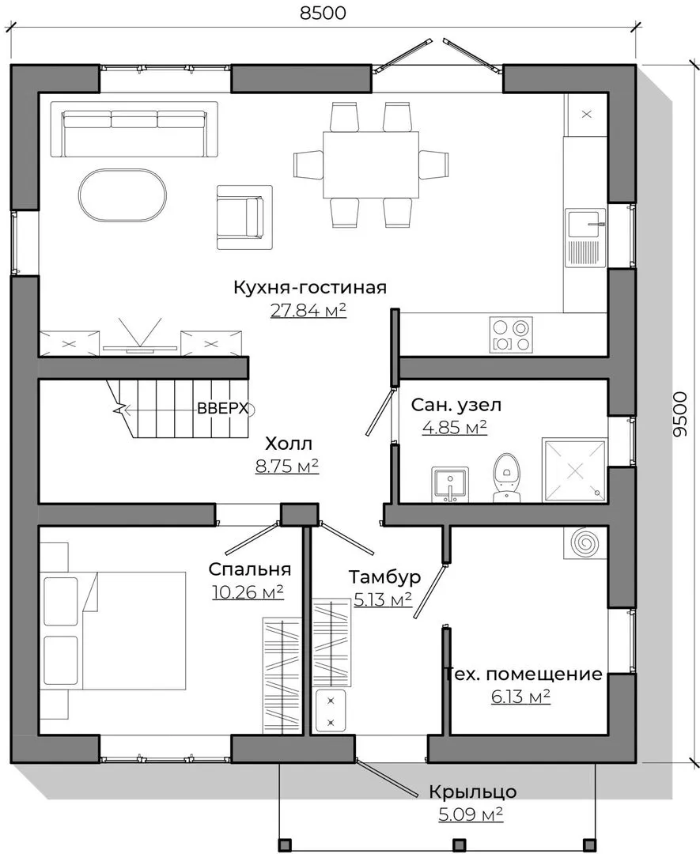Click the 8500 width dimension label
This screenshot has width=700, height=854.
point(323,13)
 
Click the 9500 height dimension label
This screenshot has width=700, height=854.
point(680,414)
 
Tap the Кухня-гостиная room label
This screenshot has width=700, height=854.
point(310,287)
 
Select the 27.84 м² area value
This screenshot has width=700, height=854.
point(308,310)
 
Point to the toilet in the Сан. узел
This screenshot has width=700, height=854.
point(507,477)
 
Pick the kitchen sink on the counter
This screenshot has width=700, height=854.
point(585,238)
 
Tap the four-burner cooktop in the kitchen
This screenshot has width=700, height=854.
point(511,334)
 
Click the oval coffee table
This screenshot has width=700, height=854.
point(123,195)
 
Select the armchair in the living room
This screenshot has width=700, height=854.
point(244,217)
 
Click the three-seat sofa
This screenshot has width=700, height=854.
point(134,129)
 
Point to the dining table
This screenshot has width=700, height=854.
point(371,164)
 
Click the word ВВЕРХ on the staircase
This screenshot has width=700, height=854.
point(222,409)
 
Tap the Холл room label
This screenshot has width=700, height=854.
point(289,444)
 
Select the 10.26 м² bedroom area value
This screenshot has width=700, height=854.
point(248,592)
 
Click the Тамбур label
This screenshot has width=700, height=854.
point(384,576)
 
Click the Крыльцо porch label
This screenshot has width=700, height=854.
point(473,792)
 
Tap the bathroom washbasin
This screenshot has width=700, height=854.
point(450,484)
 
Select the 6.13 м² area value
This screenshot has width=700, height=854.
point(520,697)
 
